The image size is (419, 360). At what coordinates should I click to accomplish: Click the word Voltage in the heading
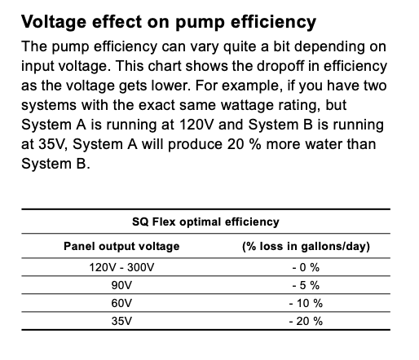[54, 22]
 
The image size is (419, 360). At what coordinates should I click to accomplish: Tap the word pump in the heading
[200, 23]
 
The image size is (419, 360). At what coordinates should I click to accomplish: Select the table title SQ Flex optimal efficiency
[205, 222]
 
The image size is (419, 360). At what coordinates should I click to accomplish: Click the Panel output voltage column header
[121, 246]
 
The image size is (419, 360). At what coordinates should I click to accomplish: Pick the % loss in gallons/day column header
[307, 246]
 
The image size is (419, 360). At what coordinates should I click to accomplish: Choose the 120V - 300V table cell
[121, 267]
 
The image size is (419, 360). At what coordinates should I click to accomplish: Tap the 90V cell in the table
[121, 285]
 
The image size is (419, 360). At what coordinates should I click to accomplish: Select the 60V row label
[121, 303]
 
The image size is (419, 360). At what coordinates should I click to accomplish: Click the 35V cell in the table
[121, 321]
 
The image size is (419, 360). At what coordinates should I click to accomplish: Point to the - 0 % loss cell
[306, 267]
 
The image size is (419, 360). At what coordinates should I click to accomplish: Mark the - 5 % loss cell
[306, 285]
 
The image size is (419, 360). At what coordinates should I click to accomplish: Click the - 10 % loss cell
[306, 303]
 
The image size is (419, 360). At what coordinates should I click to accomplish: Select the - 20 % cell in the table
[306, 321]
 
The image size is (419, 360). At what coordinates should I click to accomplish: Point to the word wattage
[247, 106]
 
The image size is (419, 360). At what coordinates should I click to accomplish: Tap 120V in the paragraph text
[196, 125]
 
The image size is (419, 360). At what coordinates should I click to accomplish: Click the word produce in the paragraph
[195, 145]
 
